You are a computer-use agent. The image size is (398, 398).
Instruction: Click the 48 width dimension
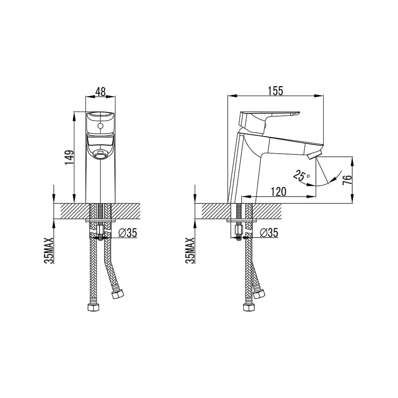[101, 92]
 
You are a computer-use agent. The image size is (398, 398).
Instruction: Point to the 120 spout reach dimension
[279, 192]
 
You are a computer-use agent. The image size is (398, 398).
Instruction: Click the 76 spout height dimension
[347, 180]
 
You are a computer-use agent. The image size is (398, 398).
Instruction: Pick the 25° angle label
[301, 175]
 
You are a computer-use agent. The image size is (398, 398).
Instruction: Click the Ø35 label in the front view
[128, 232]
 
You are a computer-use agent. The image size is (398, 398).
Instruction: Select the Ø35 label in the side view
[269, 232]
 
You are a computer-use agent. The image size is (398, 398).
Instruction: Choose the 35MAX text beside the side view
[190, 251]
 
